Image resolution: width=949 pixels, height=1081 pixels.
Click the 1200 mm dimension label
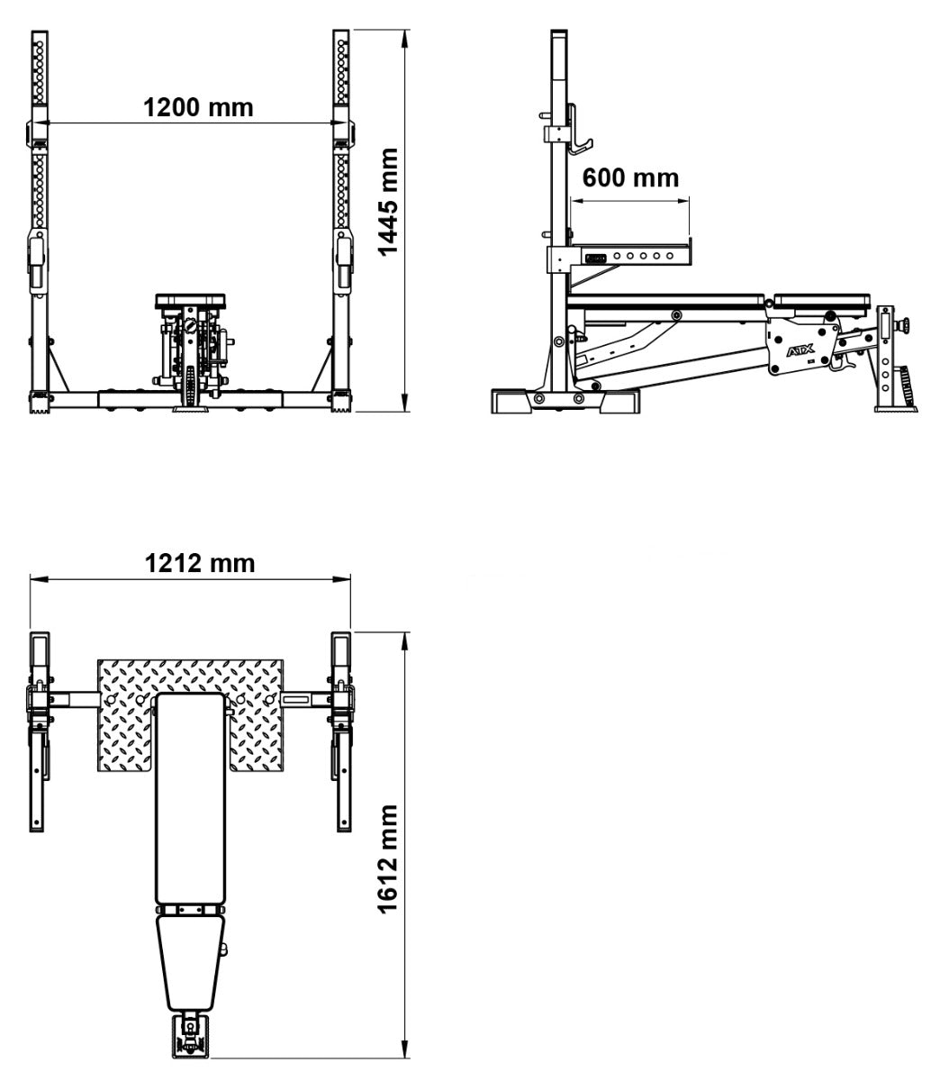coord(198,107)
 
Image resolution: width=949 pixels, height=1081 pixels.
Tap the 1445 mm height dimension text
coord(388,202)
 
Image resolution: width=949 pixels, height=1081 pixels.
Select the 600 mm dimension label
coord(630,177)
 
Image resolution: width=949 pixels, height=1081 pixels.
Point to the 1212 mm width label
coord(200,563)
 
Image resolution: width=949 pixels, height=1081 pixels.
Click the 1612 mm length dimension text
coord(388,859)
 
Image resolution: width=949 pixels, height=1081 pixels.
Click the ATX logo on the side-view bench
coord(800,350)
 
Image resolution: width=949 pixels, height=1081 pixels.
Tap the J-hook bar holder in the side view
coord(578,130)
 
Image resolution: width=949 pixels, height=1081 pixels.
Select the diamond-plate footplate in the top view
coord(191,714)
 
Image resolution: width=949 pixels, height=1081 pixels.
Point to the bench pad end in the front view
coord(191,301)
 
